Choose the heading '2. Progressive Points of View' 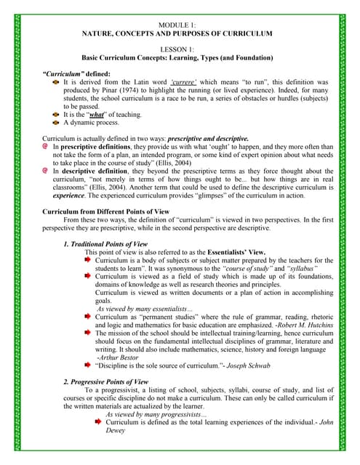pyautogui.click(x=110, y=381)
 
